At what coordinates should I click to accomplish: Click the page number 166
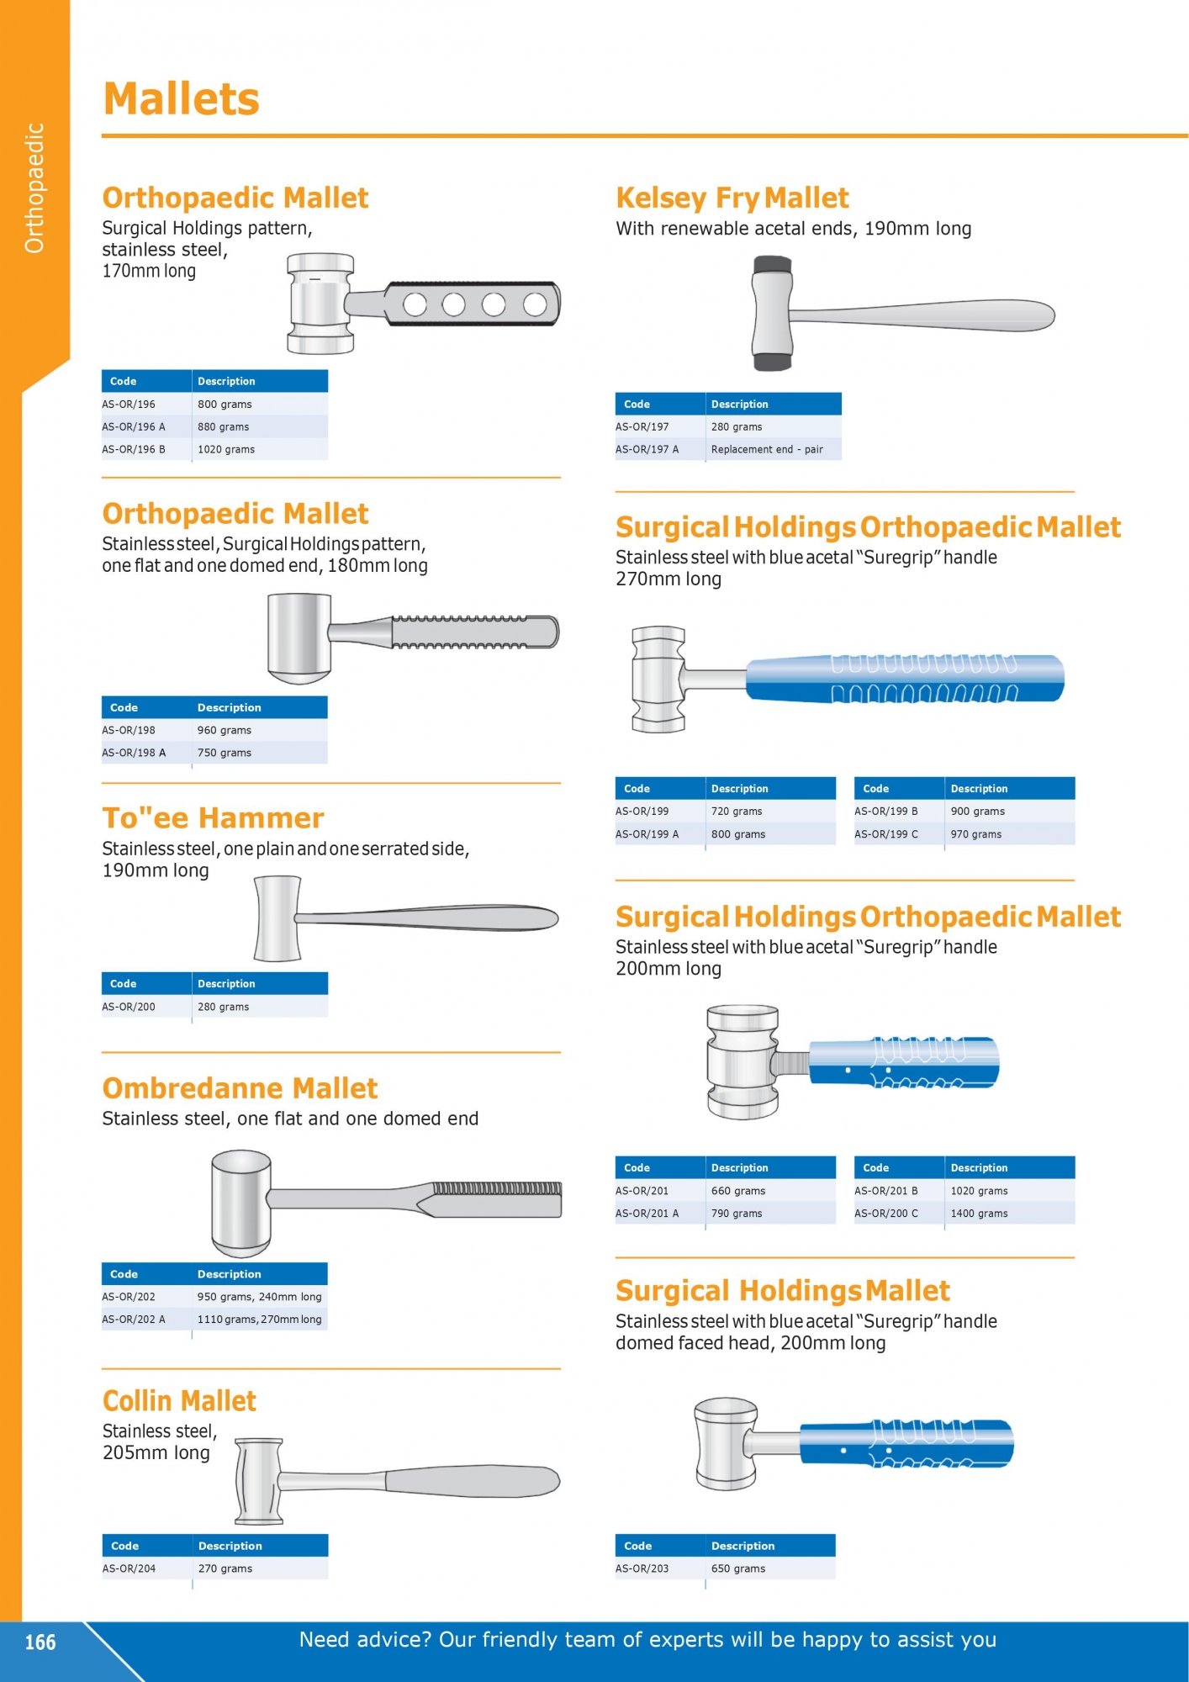[40, 1642]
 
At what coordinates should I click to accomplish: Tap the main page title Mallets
[181, 98]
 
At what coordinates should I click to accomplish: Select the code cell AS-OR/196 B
[134, 450]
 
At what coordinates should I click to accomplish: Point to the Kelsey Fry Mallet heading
[732, 198]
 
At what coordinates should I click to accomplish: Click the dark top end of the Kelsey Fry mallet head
[772, 266]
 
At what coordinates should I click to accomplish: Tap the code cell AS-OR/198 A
[134, 753]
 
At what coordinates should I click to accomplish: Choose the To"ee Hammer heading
[213, 817]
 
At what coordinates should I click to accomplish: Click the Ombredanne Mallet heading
[240, 1088]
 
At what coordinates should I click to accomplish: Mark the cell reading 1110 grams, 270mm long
[259, 1320]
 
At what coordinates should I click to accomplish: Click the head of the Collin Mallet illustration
[258, 1482]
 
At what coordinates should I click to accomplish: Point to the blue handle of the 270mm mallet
[906, 679]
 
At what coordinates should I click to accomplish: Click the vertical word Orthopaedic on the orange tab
[34, 188]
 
